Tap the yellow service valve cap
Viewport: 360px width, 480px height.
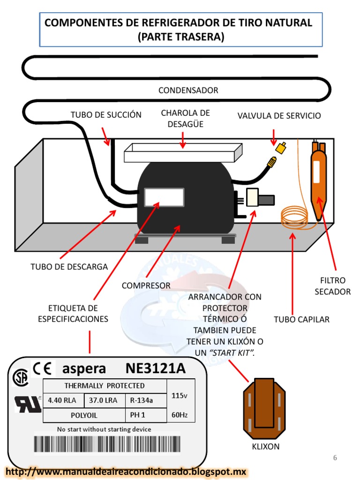pos(281,148)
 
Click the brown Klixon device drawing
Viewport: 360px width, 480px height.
pos(264,408)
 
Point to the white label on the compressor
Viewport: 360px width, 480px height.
pos(164,197)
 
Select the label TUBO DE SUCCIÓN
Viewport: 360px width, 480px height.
pos(106,115)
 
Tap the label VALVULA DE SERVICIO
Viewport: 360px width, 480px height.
pos(279,116)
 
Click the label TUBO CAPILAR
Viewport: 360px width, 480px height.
pos(301,320)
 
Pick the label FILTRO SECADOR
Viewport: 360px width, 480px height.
pos(332,286)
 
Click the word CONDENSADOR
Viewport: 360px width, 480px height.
pos(188,90)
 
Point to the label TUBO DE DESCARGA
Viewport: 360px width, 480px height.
pos(69,267)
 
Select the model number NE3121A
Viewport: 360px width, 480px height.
pos(156,368)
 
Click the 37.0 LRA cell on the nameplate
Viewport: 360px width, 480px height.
pos(104,401)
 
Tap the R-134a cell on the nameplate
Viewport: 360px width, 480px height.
pos(145,401)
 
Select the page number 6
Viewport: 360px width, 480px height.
pos(335,458)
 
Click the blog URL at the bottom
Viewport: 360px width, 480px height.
pos(126,472)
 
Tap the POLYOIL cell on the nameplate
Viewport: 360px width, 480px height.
pos(84,415)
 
